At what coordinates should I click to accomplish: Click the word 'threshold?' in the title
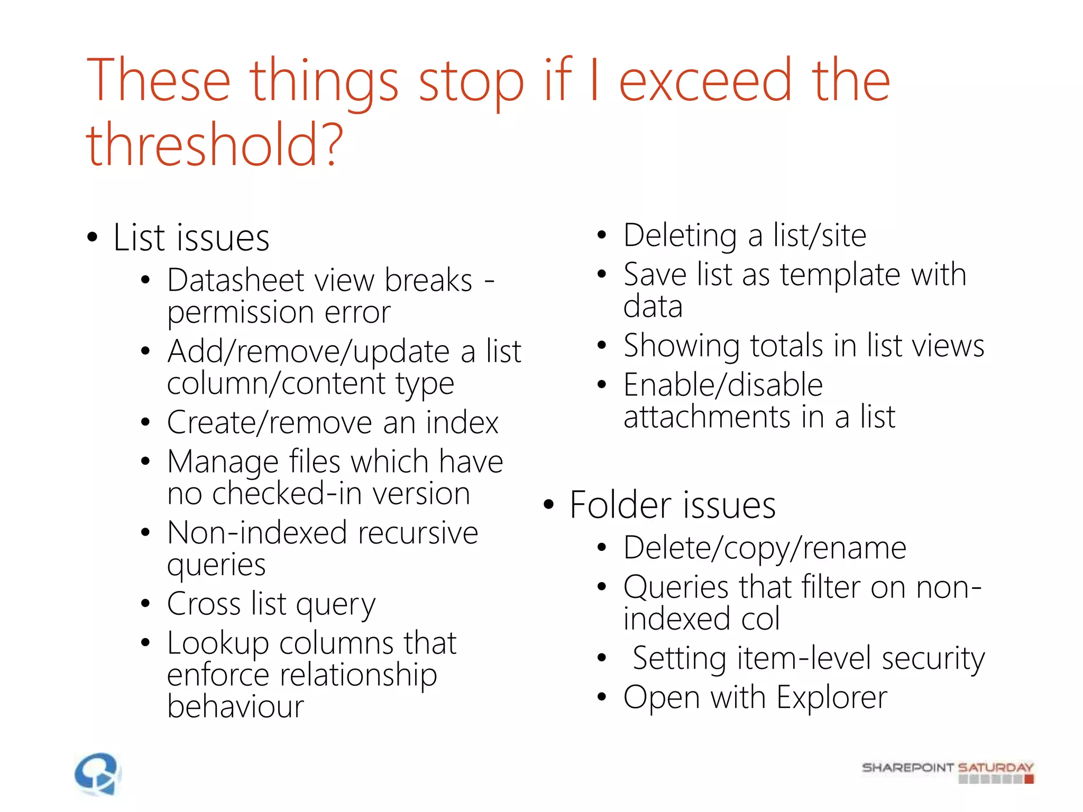click(x=215, y=144)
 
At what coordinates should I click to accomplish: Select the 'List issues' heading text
click(x=191, y=237)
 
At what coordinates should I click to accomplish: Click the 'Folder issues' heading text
click(x=673, y=505)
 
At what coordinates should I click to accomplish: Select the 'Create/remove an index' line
click(x=333, y=422)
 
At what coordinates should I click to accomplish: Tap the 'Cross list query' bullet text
click(x=271, y=604)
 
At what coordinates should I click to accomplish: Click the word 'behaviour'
click(x=235, y=706)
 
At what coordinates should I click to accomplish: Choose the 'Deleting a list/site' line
click(x=745, y=235)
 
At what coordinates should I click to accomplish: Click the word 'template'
click(x=840, y=274)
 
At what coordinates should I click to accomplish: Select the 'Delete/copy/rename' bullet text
click(x=765, y=548)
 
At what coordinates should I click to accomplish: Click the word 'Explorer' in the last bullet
click(x=832, y=697)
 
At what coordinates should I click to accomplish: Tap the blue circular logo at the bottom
click(x=98, y=774)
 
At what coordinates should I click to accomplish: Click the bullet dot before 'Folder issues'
click(x=548, y=505)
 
